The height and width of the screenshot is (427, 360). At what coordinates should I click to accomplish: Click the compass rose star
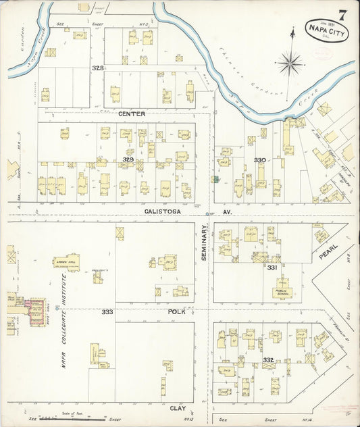290,64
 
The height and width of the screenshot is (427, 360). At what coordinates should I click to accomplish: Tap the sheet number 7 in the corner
343,15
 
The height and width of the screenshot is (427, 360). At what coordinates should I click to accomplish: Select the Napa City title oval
327,31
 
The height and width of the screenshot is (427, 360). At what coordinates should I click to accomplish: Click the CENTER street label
132,114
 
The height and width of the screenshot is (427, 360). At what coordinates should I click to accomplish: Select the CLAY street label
178,408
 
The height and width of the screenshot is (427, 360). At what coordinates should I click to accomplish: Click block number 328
99,68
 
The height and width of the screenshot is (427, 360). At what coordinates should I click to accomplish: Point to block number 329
128,159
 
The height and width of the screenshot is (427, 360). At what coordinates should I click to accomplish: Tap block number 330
260,159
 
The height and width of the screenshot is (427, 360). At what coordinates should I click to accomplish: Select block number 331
272,268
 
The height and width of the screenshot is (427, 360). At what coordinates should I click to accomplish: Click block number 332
268,359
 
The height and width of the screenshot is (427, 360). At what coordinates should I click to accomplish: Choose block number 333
107,311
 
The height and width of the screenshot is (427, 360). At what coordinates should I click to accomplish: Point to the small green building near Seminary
215,179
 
